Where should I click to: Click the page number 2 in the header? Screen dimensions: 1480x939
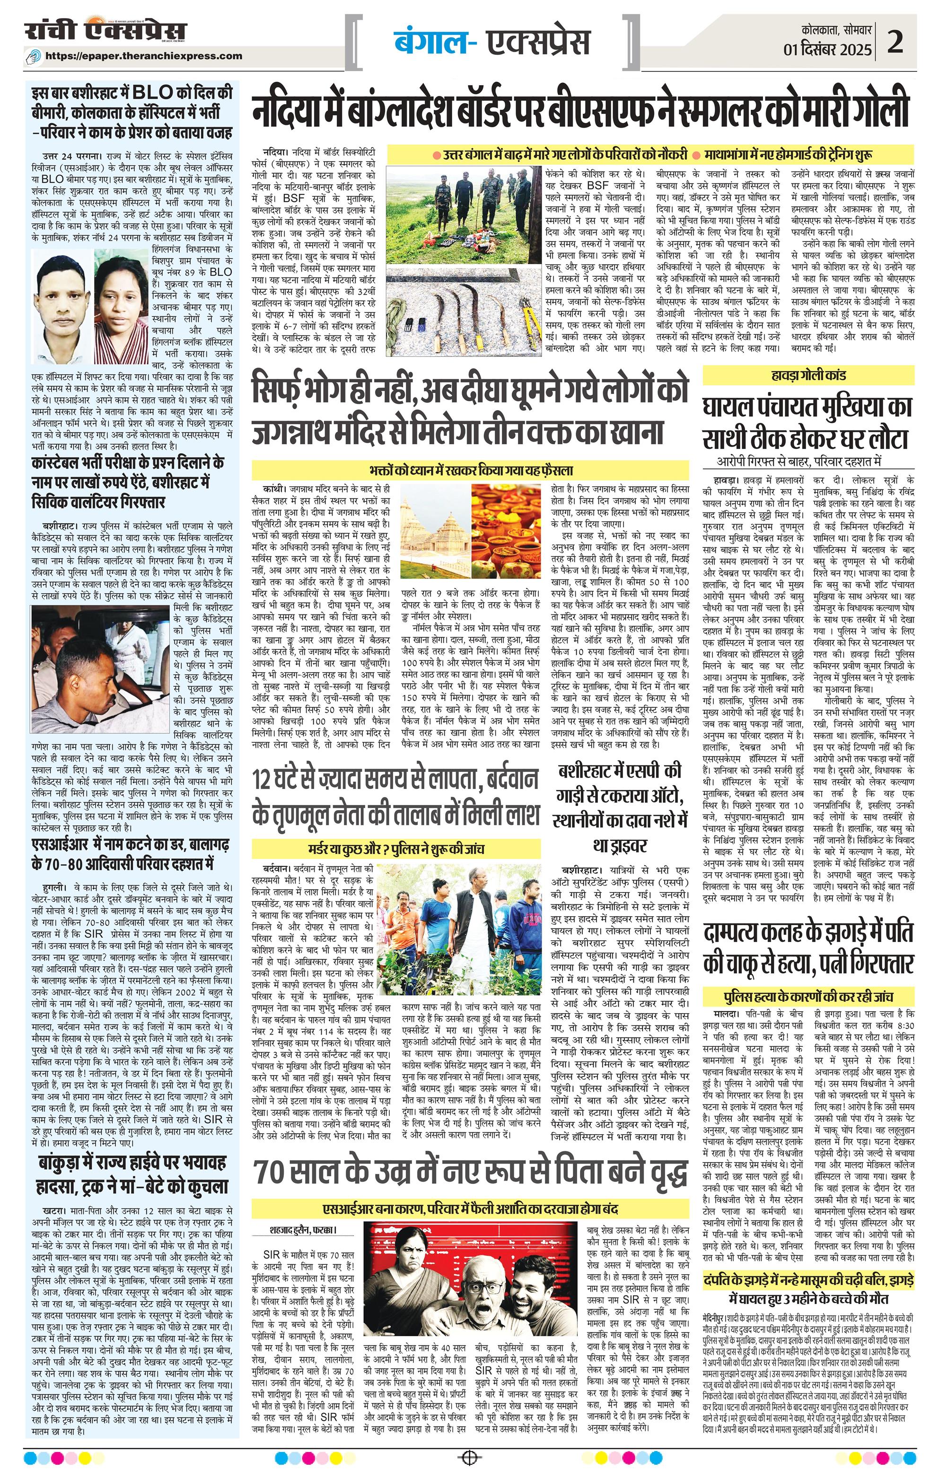pos(896,44)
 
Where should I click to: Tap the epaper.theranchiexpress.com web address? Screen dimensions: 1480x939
pos(144,56)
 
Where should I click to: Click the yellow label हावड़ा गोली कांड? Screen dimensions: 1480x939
pos(810,375)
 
